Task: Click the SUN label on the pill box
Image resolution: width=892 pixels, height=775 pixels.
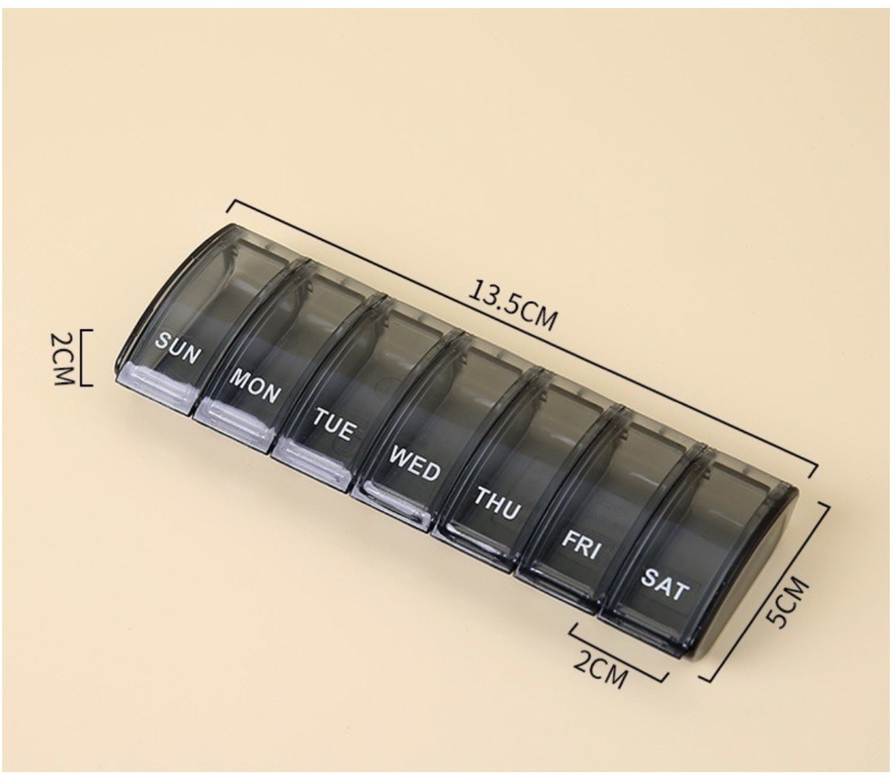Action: point(177,348)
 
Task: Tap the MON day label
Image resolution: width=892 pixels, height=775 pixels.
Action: point(254,385)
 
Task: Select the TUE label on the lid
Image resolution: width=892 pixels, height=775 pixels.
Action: point(333,424)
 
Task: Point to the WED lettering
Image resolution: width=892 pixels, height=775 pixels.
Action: point(415,462)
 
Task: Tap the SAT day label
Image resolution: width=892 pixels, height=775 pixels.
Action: point(664,584)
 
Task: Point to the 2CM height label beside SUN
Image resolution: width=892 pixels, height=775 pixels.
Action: point(63,358)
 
